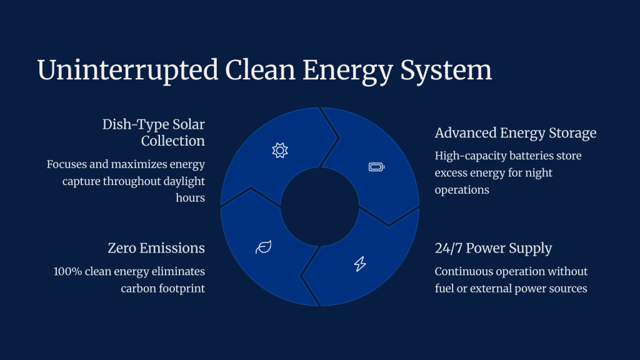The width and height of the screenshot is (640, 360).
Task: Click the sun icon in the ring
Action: pos(280,151)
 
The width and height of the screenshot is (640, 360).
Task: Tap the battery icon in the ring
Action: pos(376,167)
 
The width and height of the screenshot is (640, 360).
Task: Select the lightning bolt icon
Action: pos(360,264)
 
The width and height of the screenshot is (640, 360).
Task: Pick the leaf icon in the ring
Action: pos(264,247)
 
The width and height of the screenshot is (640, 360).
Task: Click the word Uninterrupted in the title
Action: pos(127,70)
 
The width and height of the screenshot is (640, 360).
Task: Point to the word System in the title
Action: pos(446,70)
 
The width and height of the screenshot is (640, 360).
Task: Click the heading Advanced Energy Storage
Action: pos(516,133)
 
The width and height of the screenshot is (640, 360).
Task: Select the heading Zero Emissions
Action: pos(156,248)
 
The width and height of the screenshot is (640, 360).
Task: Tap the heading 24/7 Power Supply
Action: pos(494,248)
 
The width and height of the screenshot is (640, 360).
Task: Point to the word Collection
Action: pos(173,141)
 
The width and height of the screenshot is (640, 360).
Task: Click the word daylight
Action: pos(184,181)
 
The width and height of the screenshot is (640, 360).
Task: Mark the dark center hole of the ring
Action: pos(320,207)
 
